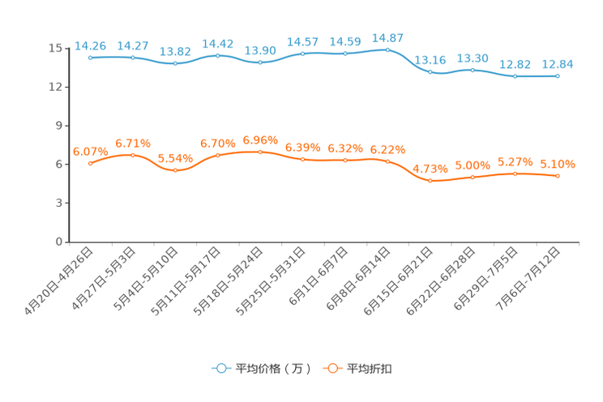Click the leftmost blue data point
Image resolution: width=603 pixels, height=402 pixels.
pos(90,58)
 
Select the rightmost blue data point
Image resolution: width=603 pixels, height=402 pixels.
pos(558,76)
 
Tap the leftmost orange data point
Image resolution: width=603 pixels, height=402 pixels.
pos(90,164)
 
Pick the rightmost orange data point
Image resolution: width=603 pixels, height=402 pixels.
pos(558,176)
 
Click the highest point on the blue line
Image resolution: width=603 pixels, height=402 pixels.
pos(387,49)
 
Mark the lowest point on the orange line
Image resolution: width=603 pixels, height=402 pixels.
pos(430,181)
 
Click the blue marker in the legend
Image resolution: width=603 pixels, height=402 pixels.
pos(220,368)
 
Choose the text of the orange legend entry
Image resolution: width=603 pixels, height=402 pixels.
pos(370,369)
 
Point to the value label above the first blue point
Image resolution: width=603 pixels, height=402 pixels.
pos(90,45)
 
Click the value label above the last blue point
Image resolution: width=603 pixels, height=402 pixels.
pos(558,63)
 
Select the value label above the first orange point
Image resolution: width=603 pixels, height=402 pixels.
pos(89,151)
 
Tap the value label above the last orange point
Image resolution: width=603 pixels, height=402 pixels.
pos(558,165)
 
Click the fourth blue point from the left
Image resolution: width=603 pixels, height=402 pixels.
pos(217,55)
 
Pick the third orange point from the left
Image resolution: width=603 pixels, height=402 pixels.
pos(175,171)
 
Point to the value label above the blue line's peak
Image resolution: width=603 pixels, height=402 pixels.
pos(387,37)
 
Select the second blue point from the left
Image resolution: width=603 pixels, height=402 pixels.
pos(132,58)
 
